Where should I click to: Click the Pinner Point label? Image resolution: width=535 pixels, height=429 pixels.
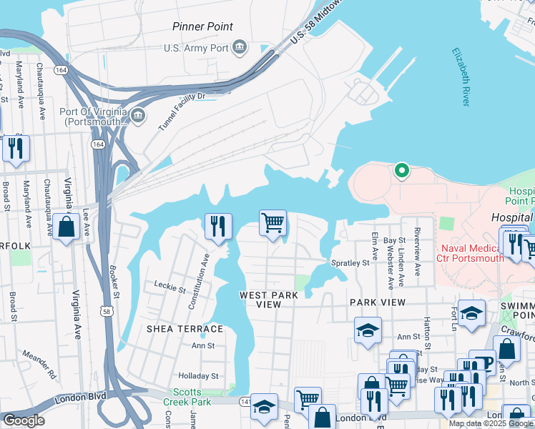tap(202, 26)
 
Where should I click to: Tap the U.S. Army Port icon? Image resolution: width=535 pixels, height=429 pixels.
tap(240, 49)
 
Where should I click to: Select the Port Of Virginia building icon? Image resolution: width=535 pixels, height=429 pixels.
tap(138, 114)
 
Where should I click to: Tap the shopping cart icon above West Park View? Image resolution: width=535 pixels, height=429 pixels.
tap(273, 223)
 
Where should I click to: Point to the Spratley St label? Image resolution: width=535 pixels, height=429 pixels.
tap(350, 263)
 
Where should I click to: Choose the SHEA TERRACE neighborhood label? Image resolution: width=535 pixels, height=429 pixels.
tap(185, 329)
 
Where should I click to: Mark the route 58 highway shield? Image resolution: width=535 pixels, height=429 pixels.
tap(107, 311)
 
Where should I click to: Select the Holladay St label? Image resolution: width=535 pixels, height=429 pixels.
tap(198, 375)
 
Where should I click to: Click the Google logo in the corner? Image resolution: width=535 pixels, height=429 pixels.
tap(24, 420)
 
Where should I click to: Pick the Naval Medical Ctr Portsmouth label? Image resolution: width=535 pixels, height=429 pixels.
tap(470, 252)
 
